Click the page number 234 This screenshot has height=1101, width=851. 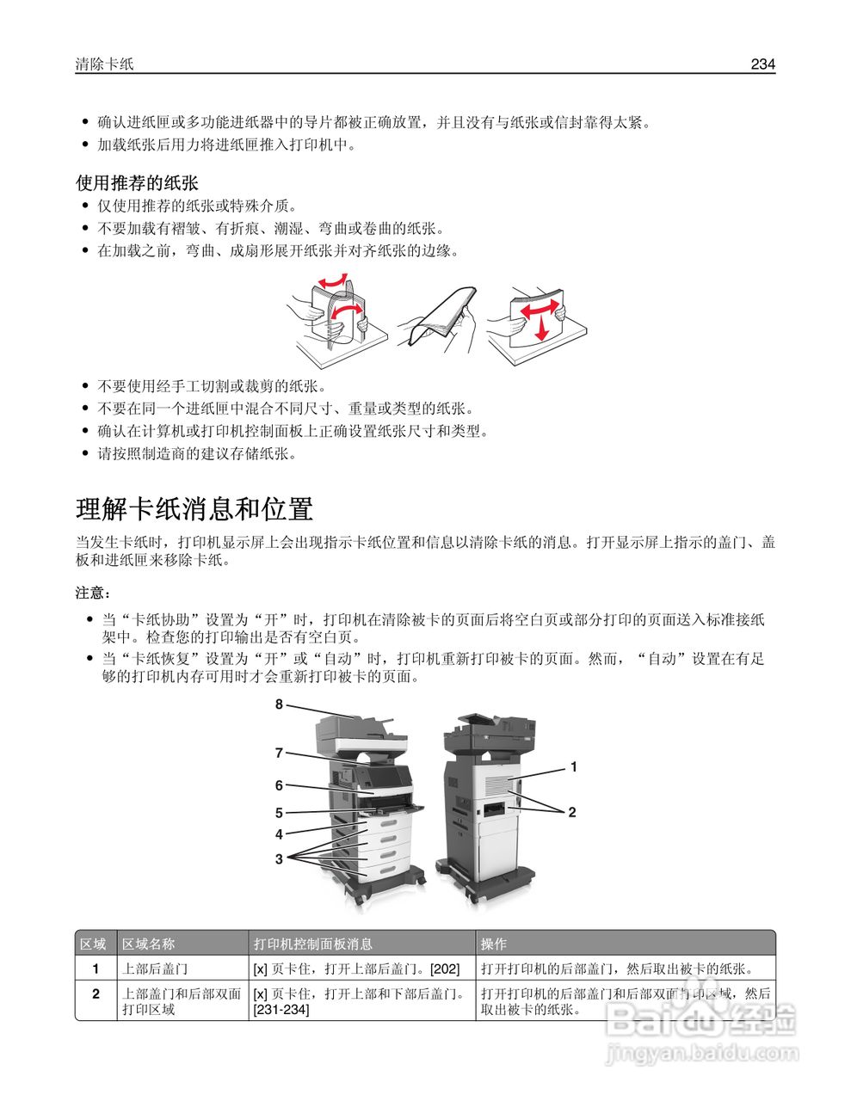coord(762,64)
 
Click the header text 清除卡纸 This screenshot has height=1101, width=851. coord(104,64)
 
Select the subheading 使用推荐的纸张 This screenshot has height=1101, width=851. coord(137,182)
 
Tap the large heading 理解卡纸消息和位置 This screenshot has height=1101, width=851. coord(194,509)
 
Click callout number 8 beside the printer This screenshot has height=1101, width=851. coord(279,704)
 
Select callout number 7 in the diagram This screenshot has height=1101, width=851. coord(279,753)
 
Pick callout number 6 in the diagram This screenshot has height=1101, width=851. coord(279,784)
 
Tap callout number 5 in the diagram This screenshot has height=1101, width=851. coord(279,812)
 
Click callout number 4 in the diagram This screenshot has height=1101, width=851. coord(279,834)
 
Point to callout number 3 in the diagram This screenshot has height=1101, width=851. coord(279,858)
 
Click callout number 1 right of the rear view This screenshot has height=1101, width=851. coord(573,766)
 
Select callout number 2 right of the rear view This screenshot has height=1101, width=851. coord(571,811)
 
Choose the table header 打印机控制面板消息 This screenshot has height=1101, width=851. coord(312,944)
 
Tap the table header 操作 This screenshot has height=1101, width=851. coord(494,944)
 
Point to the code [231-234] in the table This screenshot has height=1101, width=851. coord(281,1009)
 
